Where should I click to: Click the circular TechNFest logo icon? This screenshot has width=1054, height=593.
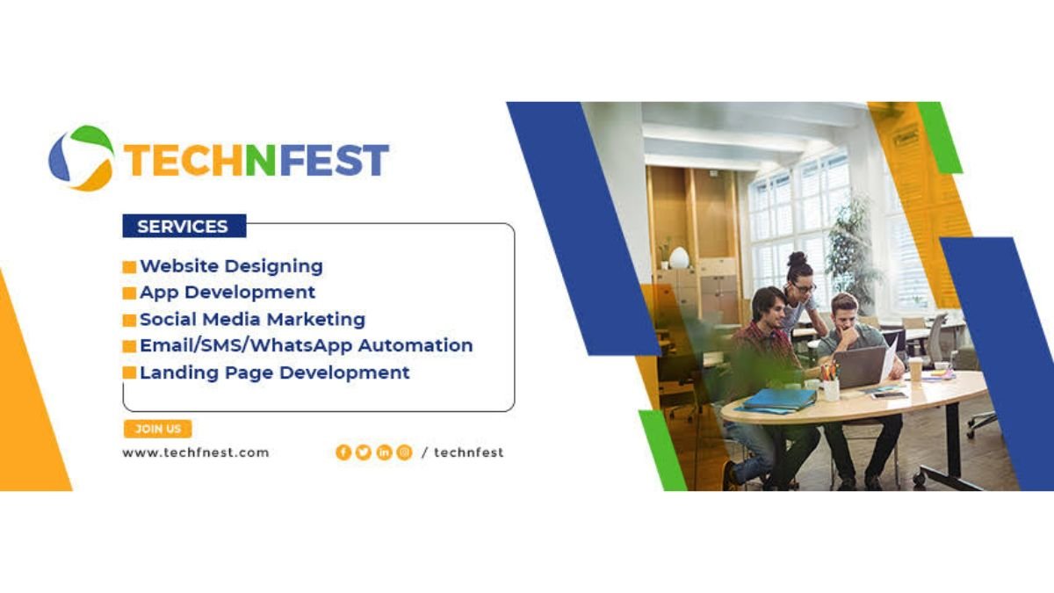pos(82,158)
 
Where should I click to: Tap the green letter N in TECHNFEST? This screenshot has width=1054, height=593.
pos(261,160)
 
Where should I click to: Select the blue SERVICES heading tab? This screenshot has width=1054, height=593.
pos(184,226)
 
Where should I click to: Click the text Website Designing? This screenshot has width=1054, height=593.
pos(231,266)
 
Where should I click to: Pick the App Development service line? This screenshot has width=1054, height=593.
pos(227,293)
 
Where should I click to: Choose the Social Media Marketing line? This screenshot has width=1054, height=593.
pos(252,319)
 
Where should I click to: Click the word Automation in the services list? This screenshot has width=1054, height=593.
pos(415,345)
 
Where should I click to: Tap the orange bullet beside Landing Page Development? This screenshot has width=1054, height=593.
pos(129,372)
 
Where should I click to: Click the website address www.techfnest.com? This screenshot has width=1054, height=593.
pos(196,452)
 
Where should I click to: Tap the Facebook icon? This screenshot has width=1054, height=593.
pos(343,452)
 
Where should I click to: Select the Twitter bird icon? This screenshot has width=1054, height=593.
pos(364,452)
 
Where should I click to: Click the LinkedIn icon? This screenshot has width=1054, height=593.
pos(384,452)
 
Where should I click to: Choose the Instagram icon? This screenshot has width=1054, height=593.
pos(404,452)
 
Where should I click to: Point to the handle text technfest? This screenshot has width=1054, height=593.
pos(469,452)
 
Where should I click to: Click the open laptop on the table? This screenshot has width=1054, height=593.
pos(861,367)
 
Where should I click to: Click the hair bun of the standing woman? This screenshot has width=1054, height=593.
pos(798,259)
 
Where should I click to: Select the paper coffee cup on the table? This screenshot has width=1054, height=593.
pos(915,369)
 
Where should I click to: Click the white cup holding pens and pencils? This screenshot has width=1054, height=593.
pos(831,390)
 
